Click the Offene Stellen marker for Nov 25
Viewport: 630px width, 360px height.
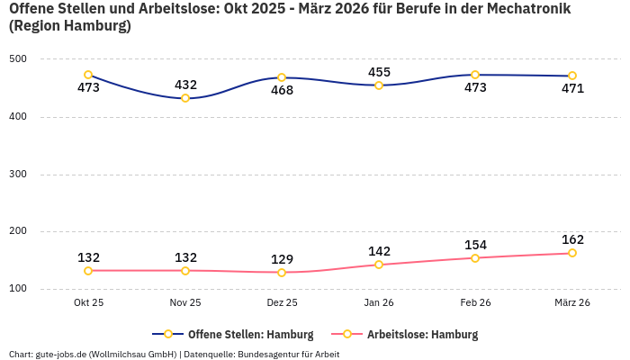click(x=185, y=98)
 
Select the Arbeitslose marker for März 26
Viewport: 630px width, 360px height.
click(x=572, y=253)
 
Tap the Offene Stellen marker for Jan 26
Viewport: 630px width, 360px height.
click(x=379, y=85)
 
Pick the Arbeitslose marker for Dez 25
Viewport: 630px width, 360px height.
click(x=282, y=273)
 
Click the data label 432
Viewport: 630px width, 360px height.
click(x=185, y=85)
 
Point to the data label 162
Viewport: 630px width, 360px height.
click(x=572, y=239)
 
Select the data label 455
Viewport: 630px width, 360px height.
click(x=379, y=72)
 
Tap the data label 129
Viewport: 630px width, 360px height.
click(x=282, y=259)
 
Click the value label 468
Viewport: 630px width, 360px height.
click(x=282, y=90)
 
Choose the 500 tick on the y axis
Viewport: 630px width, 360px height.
click(x=19, y=59)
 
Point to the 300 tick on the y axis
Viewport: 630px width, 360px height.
click(x=19, y=175)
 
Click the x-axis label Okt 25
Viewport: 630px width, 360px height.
click(x=88, y=303)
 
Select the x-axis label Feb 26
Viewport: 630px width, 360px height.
click(x=475, y=303)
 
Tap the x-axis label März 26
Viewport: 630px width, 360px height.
click(x=572, y=303)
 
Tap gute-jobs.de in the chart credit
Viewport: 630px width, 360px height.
click(x=62, y=355)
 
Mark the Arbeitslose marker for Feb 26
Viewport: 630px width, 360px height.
click(x=475, y=258)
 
